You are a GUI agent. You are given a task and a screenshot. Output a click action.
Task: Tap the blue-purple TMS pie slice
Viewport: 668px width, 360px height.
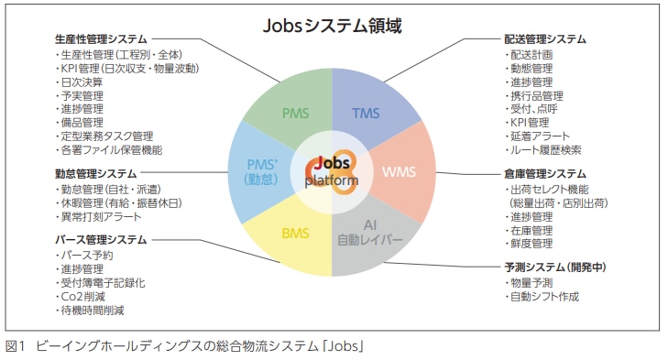coord(367,114)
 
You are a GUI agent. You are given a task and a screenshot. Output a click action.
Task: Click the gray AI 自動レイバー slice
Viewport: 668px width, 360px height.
coord(369,233)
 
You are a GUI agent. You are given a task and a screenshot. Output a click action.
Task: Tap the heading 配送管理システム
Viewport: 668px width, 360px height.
coord(545,38)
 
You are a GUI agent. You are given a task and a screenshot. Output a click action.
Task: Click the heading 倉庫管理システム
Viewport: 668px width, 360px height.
coord(545,173)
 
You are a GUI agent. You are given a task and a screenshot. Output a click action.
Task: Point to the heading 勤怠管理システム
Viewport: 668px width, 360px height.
coord(95,173)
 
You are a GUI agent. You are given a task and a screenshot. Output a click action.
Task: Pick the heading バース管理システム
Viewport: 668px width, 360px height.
coord(101,240)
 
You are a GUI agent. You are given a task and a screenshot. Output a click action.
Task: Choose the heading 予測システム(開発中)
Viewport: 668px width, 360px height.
coord(556,267)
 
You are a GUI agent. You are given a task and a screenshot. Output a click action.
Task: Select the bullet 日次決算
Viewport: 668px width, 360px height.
coord(82,81)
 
